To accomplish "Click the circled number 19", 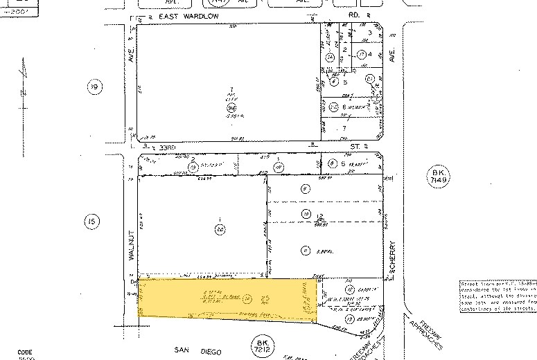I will pyautogui.click(x=94, y=87).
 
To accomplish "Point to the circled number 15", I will pyautogui.click(x=91, y=222).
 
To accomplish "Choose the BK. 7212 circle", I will pyautogui.click(x=261, y=343).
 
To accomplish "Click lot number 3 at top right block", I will pyautogui.click(x=370, y=33).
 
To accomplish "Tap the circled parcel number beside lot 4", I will pyautogui.click(x=361, y=54).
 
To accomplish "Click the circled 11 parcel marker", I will pyautogui.click(x=303, y=250).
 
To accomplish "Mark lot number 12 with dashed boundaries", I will pyautogui.click(x=320, y=213).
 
